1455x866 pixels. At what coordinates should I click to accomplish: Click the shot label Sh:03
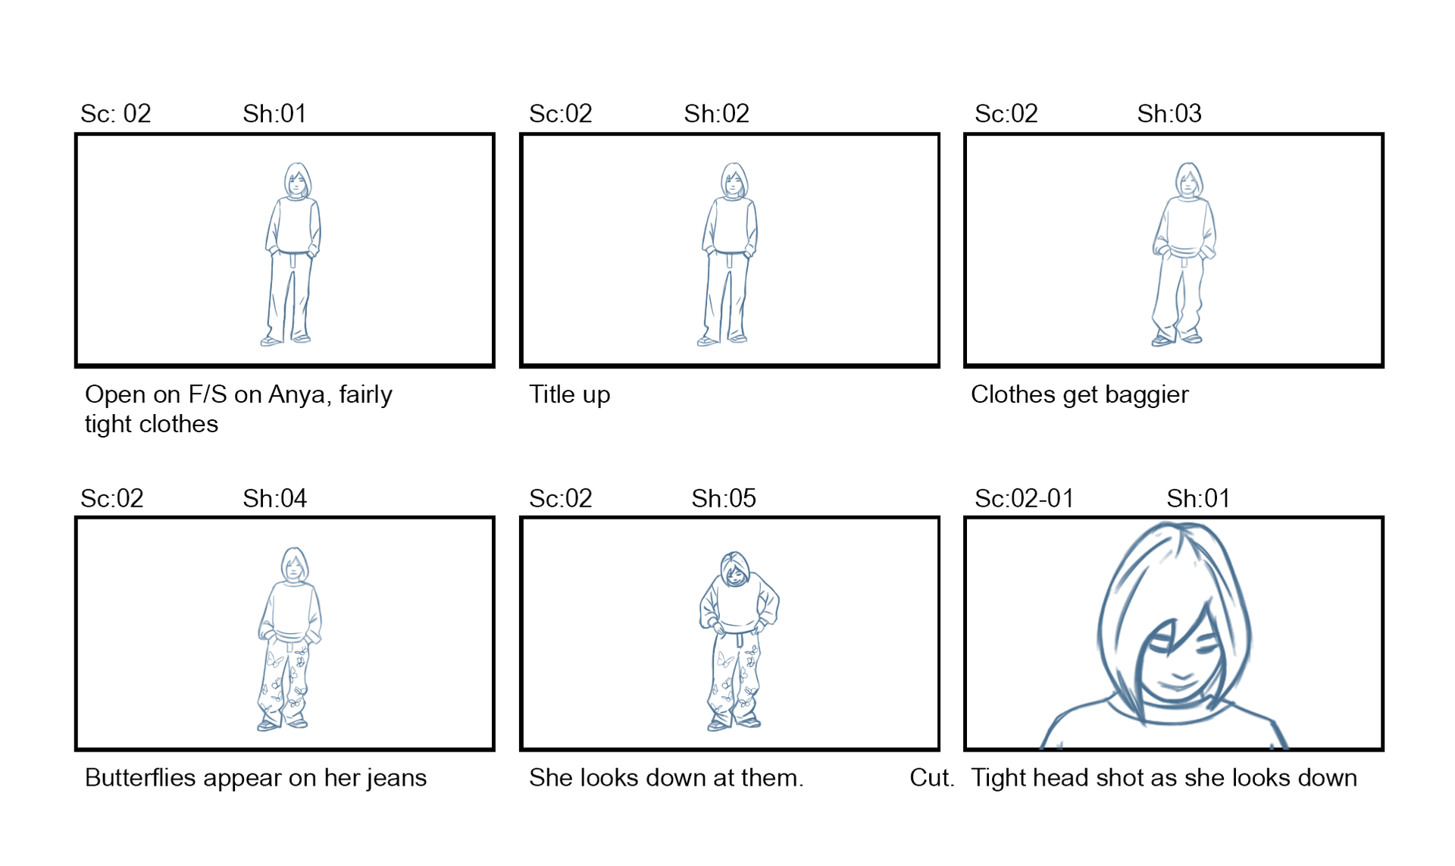tap(1169, 114)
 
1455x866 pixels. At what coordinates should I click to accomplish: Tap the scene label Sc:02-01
tap(1024, 498)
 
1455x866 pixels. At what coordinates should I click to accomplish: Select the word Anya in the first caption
tap(299, 395)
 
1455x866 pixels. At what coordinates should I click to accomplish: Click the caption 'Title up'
tap(569, 395)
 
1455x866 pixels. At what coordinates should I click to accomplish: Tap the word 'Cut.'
tap(931, 778)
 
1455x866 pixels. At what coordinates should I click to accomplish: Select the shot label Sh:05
tap(724, 498)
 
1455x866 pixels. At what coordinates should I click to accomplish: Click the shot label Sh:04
tap(274, 498)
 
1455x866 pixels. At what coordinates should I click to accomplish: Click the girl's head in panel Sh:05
tap(734, 569)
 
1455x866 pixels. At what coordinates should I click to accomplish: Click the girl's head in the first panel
tap(297, 180)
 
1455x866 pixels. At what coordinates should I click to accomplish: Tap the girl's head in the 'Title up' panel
tap(733, 180)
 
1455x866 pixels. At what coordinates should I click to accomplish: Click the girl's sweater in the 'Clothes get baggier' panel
tap(1184, 228)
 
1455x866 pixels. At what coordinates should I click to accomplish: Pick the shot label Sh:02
tap(716, 114)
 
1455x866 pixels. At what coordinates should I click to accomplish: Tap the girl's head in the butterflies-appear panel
tap(294, 565)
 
